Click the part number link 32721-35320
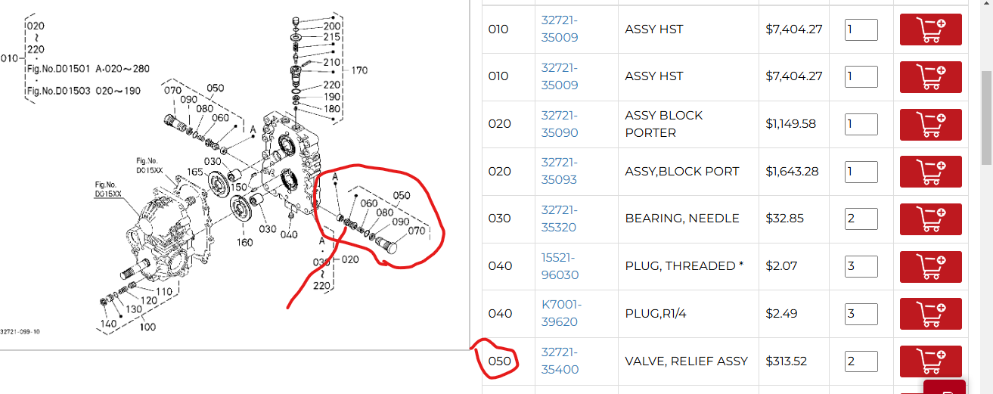point(559,218)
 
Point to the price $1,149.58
point(790,123)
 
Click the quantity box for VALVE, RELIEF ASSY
point(861,361)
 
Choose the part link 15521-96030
point(559,265)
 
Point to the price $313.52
point(787,361)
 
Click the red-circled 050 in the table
point(499,361)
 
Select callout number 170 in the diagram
point(359,70)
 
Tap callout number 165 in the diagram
point(195,172)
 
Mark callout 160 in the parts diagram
point(244,242)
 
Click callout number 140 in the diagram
point(108,324)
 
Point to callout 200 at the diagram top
point(332,26)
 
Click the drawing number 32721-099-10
point(20,331)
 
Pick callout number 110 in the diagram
point(164,290)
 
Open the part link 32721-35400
point(559,361)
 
